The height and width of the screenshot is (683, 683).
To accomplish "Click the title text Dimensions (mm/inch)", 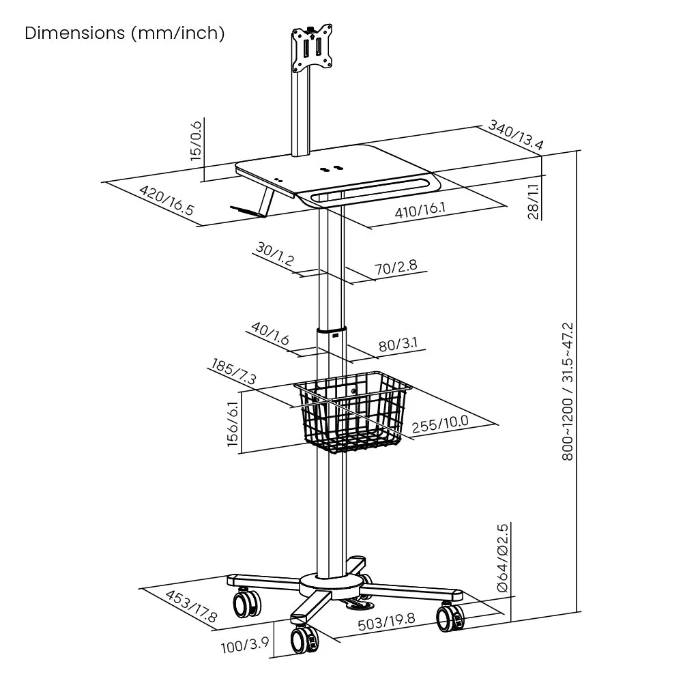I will pyautogui.click(x=124, y=33).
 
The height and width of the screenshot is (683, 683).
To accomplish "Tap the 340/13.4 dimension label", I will pyautogui.click(x=515, y=136).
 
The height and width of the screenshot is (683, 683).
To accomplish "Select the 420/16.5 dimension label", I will pyautogui.click(x=167, y=202).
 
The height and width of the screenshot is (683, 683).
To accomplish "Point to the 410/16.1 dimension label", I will pyautogui.click(x=420, y=210).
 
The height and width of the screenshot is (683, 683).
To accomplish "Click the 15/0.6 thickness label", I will pyautogui.click(x=197, y=140).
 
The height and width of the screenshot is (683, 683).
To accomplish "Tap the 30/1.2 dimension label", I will pyautogui.click(x=274, y=255).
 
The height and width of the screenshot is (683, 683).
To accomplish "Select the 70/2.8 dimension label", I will pyautogui.click(x=395, y=266).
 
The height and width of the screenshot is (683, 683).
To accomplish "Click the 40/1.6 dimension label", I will pyautogui.click(x=270, y=334).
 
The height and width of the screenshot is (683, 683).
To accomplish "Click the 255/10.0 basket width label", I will pyautogui.click(x=440, y=421).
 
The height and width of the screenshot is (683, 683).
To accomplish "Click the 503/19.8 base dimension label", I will pyautogui.click(x=386, y=621).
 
